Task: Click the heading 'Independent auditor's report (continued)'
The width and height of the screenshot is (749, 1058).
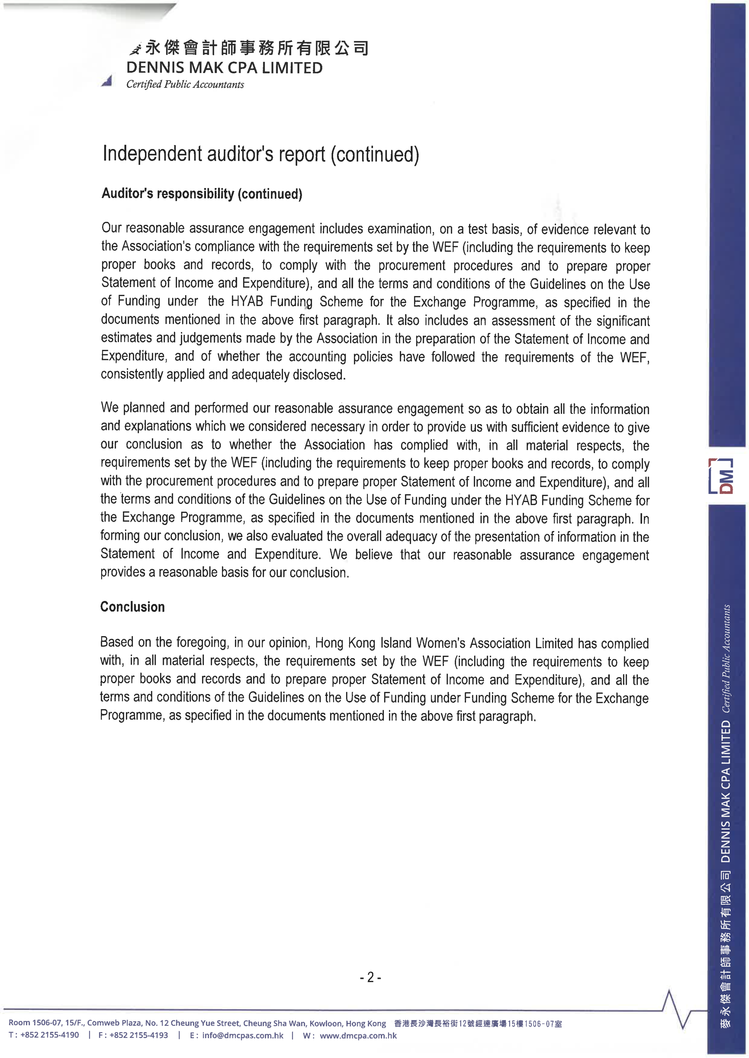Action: tap(261, 154)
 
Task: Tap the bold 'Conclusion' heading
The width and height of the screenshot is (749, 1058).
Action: tap(132, 607)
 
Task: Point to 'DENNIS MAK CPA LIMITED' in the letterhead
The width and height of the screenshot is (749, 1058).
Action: tap(225, 68)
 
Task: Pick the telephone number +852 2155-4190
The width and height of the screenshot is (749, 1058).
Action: tap(49, 1035)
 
